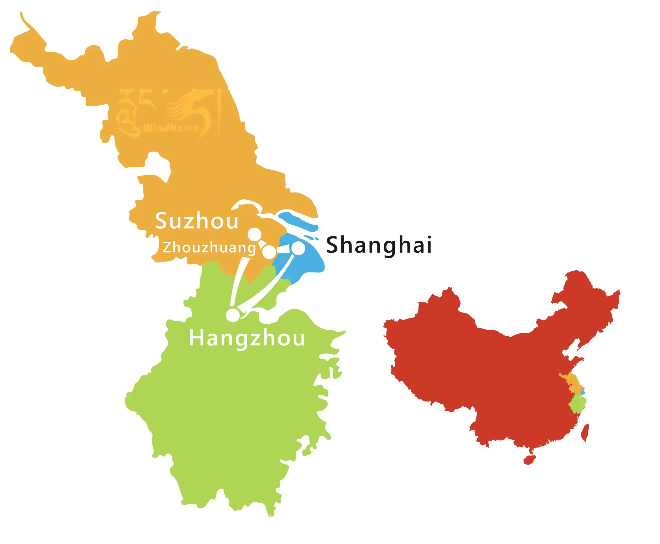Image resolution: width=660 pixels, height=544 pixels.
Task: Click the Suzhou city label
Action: pyautogui.click(x=197, y=221)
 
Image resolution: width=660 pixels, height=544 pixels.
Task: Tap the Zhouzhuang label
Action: pyautogui.click(x=209, y=248)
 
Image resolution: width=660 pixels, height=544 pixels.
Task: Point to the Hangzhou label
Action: pyautogui.click(x=247, y=338)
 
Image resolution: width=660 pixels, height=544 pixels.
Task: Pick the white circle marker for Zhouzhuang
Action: pyautogui.click(x=269, y=252)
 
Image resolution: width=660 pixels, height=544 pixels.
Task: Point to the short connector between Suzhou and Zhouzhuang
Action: pyautogui.click(x=262, y=243)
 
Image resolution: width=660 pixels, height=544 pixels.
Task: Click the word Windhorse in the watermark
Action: pyautogui.click(x=171, y=128)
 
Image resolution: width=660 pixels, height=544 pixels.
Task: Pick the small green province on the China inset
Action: pyautogui.click(x=576, y=405)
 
